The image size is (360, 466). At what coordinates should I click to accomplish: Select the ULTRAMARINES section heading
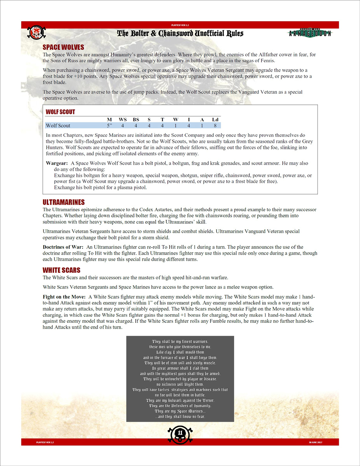64,202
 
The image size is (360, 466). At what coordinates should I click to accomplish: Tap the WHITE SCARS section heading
61,270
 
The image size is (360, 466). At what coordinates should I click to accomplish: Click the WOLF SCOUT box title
60,112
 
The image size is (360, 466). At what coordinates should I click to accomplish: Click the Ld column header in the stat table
215,119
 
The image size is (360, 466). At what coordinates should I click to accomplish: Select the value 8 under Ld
215,126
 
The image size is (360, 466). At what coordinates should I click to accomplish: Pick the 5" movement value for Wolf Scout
110,126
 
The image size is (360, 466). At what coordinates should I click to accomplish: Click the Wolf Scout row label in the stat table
58,126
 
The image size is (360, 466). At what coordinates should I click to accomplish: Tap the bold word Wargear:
57,163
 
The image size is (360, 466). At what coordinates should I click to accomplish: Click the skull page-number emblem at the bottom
180,435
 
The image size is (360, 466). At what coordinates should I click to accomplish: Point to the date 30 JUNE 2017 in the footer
316,442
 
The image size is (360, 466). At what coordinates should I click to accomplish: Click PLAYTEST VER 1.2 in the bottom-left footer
44,442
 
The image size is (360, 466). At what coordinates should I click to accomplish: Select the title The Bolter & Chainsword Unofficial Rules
180,33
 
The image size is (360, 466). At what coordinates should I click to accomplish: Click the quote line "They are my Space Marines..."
180,411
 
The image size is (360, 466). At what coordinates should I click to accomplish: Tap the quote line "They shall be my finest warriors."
180,341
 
